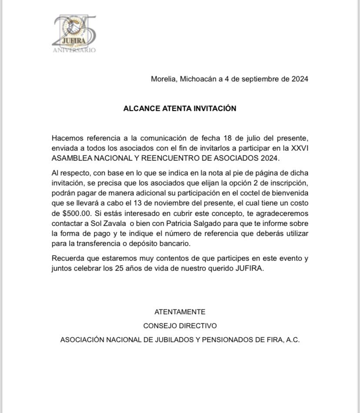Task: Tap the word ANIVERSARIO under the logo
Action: click(x=74, y=50)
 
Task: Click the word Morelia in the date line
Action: click(x=163, y=79)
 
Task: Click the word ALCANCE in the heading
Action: click(x=142, y=108)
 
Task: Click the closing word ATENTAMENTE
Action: click(x=180, y=312)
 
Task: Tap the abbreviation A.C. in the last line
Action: click(x=292, y=340)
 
